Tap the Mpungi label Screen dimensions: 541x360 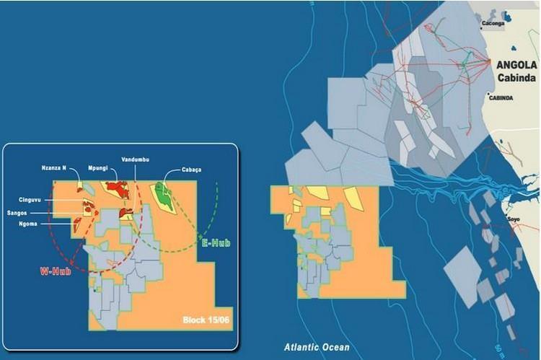tap(98, 168)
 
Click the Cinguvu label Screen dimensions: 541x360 tap(33, 200)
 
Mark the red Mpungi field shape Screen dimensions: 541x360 tap(115, 190)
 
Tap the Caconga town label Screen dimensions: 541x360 tap(494, 23)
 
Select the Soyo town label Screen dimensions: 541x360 tap(514, 218)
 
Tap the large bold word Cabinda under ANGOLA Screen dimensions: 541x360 tap(518, 76)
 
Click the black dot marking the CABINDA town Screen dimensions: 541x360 tap(488, 95)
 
